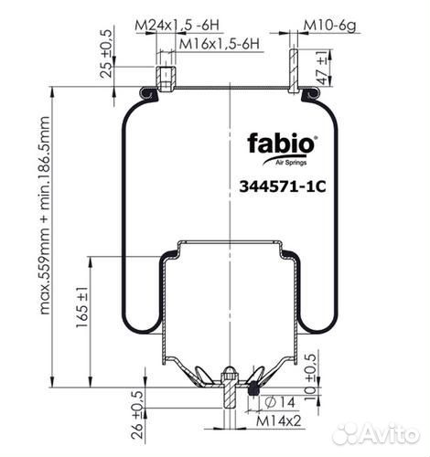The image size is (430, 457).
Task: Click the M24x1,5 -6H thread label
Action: [177, 26]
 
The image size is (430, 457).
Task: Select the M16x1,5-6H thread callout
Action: [220, 44]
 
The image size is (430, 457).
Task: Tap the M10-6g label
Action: [330, 26]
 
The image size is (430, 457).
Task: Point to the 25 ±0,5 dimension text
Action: [107, 55]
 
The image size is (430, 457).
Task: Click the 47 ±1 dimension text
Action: [323, 68]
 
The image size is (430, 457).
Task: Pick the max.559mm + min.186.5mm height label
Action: [45, 216]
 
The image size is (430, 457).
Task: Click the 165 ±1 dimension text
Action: [81, 307]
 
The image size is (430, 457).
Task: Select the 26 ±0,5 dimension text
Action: [137, 415]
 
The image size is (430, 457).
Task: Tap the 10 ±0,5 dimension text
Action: [310, 377]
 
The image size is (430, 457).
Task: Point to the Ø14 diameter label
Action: [280, 402]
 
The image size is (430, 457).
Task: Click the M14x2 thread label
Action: [278, 420]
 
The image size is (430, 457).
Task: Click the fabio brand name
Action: [281, 143]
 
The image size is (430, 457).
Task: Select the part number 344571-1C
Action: [283, 186]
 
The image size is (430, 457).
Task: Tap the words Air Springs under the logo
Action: [291, 163]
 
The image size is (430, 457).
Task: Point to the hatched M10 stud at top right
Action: [294, 71]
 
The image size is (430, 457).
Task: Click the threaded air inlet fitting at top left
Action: [166, 79]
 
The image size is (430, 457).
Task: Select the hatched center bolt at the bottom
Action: [230, 389]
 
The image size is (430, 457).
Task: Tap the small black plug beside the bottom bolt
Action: [253, 388]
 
